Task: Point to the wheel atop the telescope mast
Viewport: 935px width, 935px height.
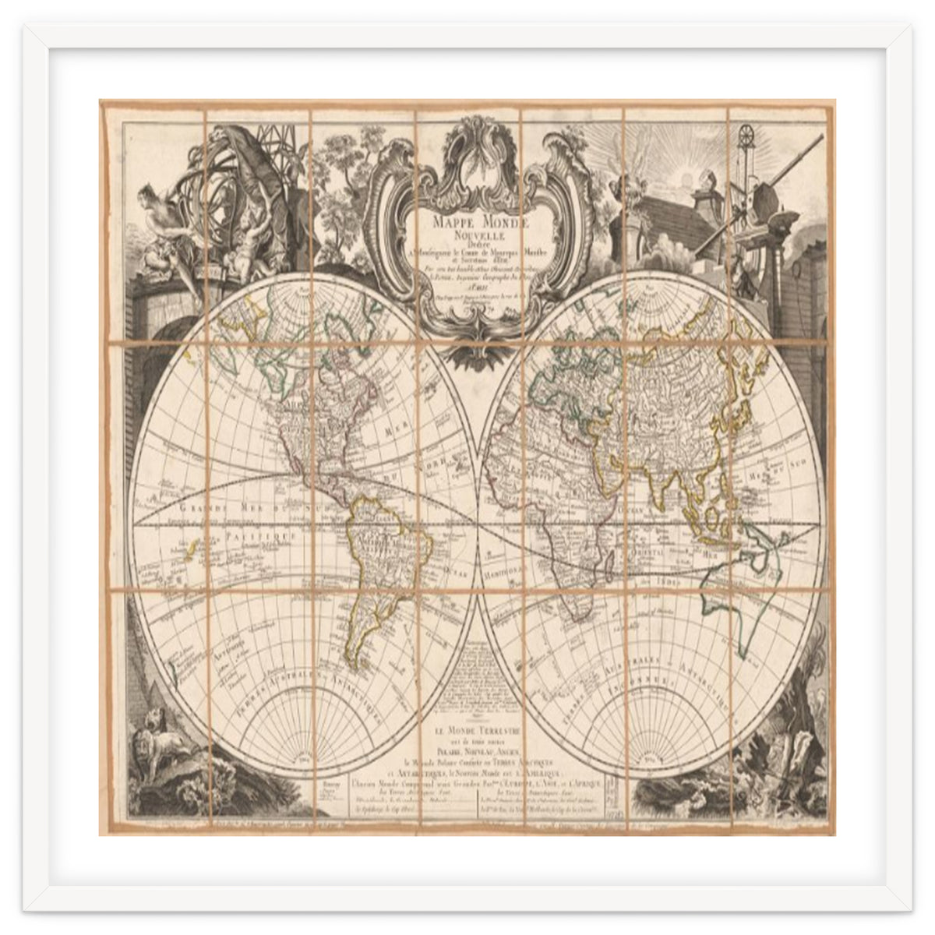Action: tap(748, 133)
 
